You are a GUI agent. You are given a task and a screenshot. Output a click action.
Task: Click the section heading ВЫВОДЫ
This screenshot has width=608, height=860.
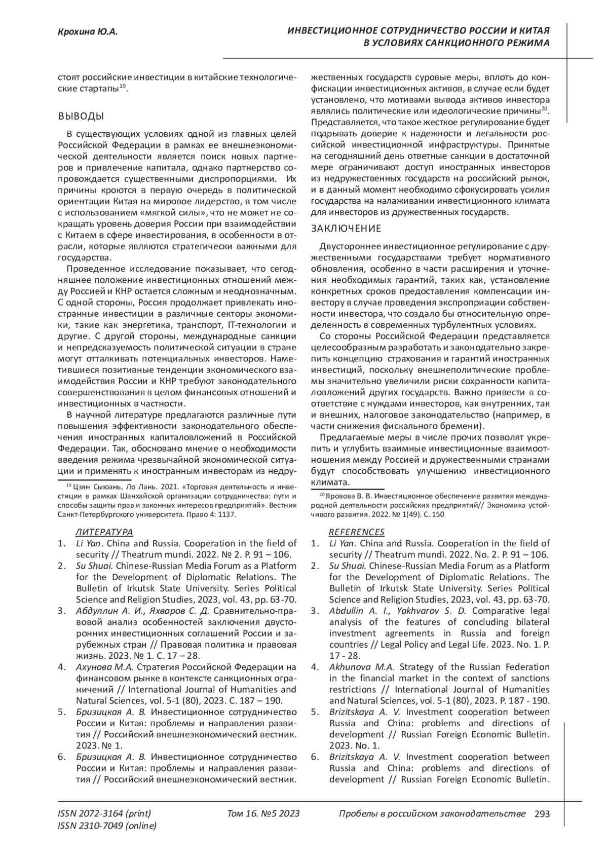pos(81,117)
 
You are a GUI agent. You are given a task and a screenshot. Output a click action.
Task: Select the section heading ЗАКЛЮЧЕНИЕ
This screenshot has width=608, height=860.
pos(346,229)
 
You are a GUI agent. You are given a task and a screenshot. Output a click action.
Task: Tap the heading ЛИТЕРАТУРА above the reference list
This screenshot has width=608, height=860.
pos(104,532)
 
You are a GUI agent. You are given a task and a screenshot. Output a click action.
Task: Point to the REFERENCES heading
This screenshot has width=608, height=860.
pos(357,532)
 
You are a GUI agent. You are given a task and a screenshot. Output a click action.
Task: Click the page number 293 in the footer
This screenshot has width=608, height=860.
pos(542,814)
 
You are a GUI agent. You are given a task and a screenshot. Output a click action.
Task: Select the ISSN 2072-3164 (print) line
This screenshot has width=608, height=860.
pos(104,814)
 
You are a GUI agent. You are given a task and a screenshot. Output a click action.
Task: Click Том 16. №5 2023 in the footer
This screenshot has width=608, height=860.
pos(263,814)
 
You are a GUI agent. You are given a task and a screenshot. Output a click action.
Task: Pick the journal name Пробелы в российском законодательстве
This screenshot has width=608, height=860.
pos(432,814)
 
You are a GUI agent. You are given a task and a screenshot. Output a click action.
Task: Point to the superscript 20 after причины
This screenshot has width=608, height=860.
pos(545,108)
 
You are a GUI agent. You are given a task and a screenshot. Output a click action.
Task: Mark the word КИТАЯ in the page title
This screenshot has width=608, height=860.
pos(534,31)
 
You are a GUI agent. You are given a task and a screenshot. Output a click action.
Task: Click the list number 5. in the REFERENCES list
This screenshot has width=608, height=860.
pos(315,712)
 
